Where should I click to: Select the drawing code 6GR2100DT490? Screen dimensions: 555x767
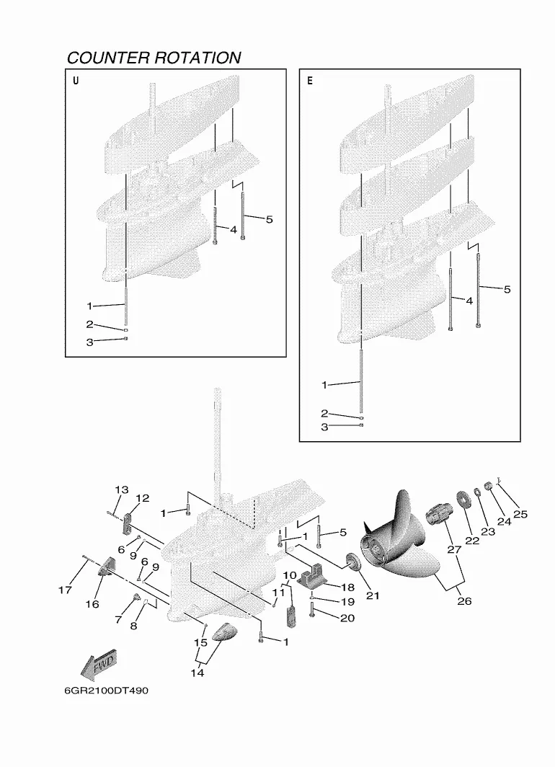tap(106, 691)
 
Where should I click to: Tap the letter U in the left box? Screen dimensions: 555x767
tap(76, 81)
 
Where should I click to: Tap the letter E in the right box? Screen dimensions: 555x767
tap(309, 81)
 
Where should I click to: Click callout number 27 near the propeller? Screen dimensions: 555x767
tap(454, 549)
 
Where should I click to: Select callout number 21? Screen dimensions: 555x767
tap(373, 595)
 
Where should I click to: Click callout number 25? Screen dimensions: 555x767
tap(520, 514)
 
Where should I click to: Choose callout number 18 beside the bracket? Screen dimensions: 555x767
tap(347, 588)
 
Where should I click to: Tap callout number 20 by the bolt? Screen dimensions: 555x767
tap(347, 619)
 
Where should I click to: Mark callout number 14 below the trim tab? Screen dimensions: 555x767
tap(197, 673)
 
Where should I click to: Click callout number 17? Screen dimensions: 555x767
tap(65, 590)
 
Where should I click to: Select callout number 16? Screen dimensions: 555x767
tap(92, 605)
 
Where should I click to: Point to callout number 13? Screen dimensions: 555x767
tap(122, 489)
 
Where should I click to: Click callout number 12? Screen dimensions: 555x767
tap(142, 498)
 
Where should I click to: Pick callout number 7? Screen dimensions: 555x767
tap(118, 620)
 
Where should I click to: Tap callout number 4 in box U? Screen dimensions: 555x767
tap(234, 229)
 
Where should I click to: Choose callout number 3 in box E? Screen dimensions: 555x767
tap(324, 427)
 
